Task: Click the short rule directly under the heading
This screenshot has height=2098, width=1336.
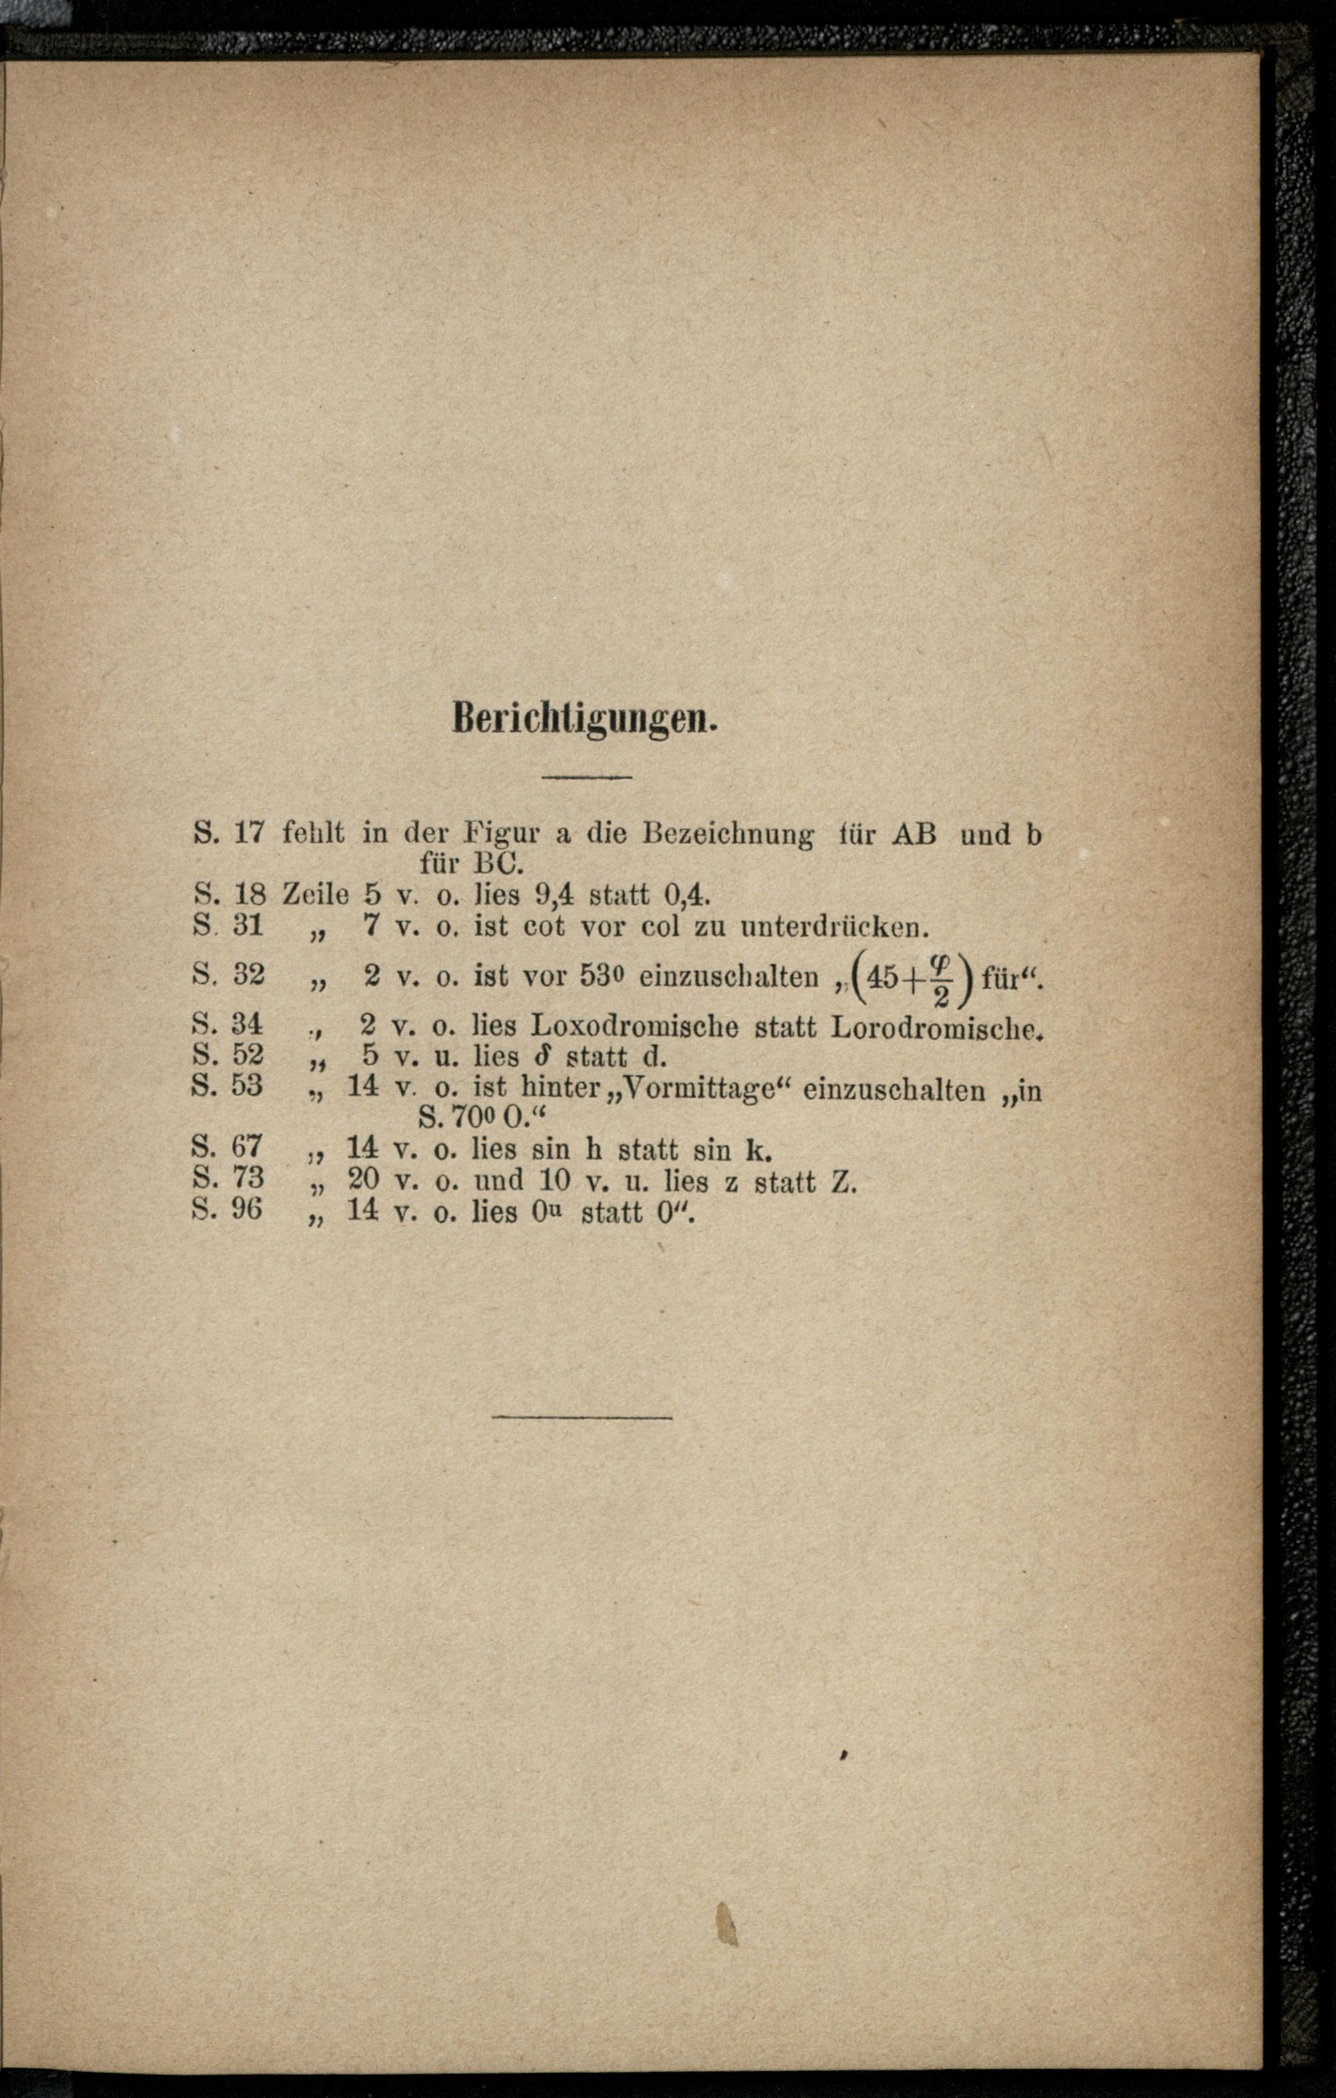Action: pos(585,775)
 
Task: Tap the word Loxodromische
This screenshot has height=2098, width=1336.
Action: pos(634,1027)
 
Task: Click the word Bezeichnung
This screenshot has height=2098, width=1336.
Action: pos(728,834)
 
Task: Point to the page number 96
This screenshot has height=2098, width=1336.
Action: pos(246,1209)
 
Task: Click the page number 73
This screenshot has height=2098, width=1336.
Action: pos(246,1178)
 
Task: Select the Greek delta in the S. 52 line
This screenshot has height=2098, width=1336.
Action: pos(540,1057)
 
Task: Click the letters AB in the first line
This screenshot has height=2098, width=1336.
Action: pos(914,834)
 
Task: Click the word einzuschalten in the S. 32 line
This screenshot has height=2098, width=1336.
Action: pos(728,976)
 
